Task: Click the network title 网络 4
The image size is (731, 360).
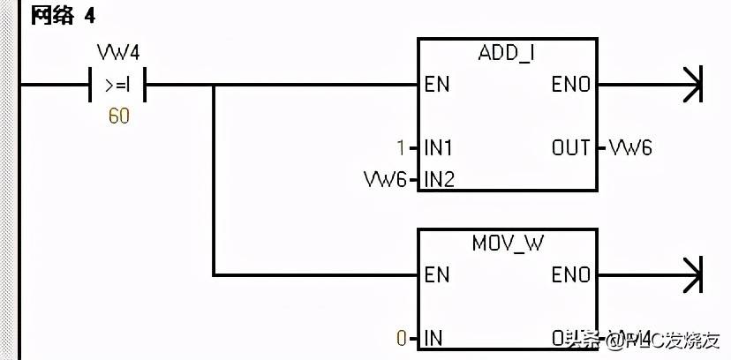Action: pyautogui.click(x=64, y=17)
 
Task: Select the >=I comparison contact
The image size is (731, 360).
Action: pyautogui.click(x=118, y=86)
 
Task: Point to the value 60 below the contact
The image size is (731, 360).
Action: pyautogui.click(x=118, y=116)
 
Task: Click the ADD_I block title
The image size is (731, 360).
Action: pyautogui.click(x=506, y=53)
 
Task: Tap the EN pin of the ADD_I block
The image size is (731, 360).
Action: pyautogui.click(x=437, y=86)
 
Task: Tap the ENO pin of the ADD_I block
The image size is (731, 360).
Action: pyautogui.click(x=571, y=86)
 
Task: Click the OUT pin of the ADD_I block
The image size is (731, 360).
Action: pyautogui.click(x=571, y=148)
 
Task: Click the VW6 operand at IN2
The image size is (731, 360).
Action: pyautogui.click(x=386, y=179)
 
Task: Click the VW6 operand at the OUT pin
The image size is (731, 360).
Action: pyautogui.click(x=631, y=148)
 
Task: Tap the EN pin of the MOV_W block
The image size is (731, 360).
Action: pyautogui.click(x=437, y=275)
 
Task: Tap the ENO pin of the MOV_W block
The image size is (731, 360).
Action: pyautogui.click(x=571, y=275)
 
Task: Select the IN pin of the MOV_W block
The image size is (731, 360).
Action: pyautogui.click(x=433, y=338)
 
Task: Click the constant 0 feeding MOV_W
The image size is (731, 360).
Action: pyautogui.click(x=402, y=338)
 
